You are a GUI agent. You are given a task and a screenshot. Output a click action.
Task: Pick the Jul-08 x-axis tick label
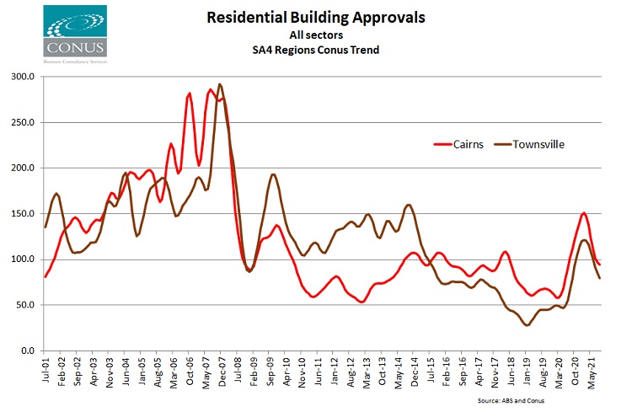240,372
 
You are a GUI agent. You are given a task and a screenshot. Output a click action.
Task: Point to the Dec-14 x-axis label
415,372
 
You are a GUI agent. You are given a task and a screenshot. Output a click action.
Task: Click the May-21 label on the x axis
592,372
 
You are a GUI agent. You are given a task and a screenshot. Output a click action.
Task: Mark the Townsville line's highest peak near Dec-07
220,84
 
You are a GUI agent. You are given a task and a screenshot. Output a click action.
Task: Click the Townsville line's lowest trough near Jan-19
528,325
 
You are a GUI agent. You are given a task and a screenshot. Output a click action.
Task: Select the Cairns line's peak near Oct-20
584,213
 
